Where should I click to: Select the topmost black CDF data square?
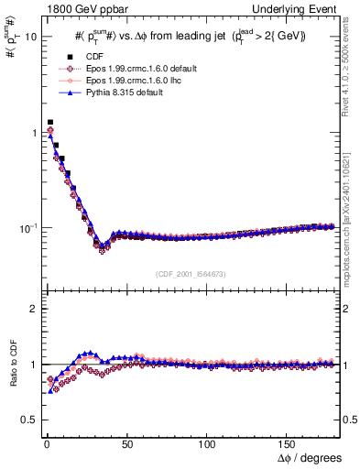[50, 122]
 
